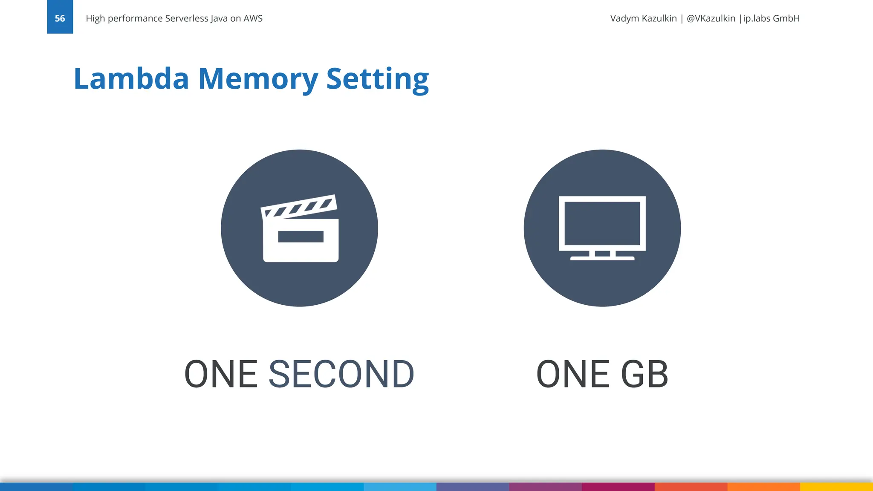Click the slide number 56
[x=60, y=18]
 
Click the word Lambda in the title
[x=131, y=79]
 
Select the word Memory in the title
[x=258, y=79]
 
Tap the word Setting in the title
[x=377, y=79]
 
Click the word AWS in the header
[x=253, y=18]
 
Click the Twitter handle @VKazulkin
[x=711, y=18]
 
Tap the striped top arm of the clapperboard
[x=299, y=206]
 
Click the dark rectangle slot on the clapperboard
[x=301, y=237]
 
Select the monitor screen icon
[x=602, y=223]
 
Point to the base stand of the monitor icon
[x=602, y=257]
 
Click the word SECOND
[x=341, y=374]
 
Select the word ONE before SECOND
[x=221, y=374]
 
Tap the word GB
[x=644, y=374]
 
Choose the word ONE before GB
[x=572, y=374]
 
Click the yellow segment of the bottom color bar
[x=836, y=487]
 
